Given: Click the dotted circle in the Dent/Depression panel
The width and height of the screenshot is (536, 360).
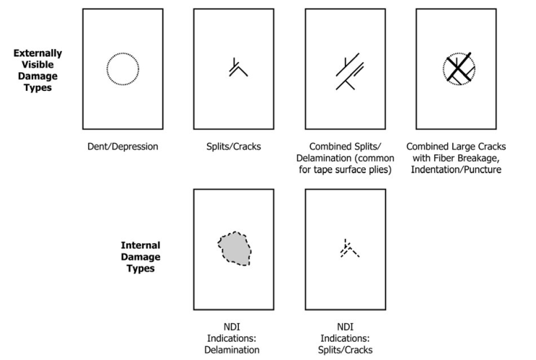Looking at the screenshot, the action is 123,69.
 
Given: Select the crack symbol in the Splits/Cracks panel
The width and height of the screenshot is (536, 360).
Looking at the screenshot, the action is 238,67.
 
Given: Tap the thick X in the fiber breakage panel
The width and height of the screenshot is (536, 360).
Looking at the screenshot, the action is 459,69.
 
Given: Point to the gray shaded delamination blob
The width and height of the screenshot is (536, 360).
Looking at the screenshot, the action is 234,249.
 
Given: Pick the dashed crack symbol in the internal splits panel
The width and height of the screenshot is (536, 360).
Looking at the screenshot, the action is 350,248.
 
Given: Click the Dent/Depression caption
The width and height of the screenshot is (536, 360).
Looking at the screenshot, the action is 123,146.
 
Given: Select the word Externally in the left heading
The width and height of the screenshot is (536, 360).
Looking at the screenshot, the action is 38,53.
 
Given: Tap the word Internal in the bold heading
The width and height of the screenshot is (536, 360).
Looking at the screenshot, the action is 141,245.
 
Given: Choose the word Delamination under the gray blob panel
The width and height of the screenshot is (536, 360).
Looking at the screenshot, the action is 232,350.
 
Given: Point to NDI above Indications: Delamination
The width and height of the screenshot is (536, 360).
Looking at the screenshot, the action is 232,327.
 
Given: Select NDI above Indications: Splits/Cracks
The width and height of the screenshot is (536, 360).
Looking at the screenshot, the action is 346,327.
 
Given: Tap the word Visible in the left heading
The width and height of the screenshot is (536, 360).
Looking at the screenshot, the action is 38,65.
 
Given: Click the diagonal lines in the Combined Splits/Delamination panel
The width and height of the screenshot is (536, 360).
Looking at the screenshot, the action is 350,71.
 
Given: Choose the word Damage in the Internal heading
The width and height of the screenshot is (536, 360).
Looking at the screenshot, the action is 141,257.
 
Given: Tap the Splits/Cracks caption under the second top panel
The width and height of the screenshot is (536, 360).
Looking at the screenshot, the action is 234,146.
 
